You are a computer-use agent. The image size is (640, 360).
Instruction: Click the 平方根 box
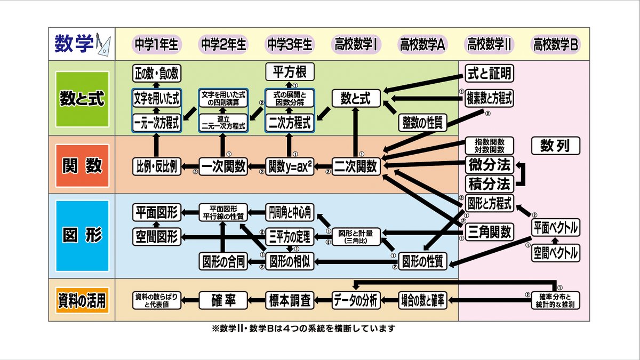pos(290,72)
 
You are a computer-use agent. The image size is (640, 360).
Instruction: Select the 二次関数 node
pos(356,166)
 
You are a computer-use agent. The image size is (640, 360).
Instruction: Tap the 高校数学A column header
pos(422,45)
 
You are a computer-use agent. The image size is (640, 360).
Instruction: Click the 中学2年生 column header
pos(223,45)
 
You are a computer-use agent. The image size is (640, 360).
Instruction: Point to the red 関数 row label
pos(82,165)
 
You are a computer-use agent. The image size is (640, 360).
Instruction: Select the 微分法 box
pos(489,164)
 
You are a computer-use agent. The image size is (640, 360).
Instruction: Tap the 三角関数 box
pos(489,231)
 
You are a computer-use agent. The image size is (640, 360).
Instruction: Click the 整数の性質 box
pos(422,123)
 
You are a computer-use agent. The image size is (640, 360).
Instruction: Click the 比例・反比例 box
pos(157,166)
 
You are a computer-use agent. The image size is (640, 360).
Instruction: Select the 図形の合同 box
pos(223,261)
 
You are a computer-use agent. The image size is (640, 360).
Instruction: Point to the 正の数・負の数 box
pos(157,73)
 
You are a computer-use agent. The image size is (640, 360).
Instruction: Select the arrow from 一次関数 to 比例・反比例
pos(190,166)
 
